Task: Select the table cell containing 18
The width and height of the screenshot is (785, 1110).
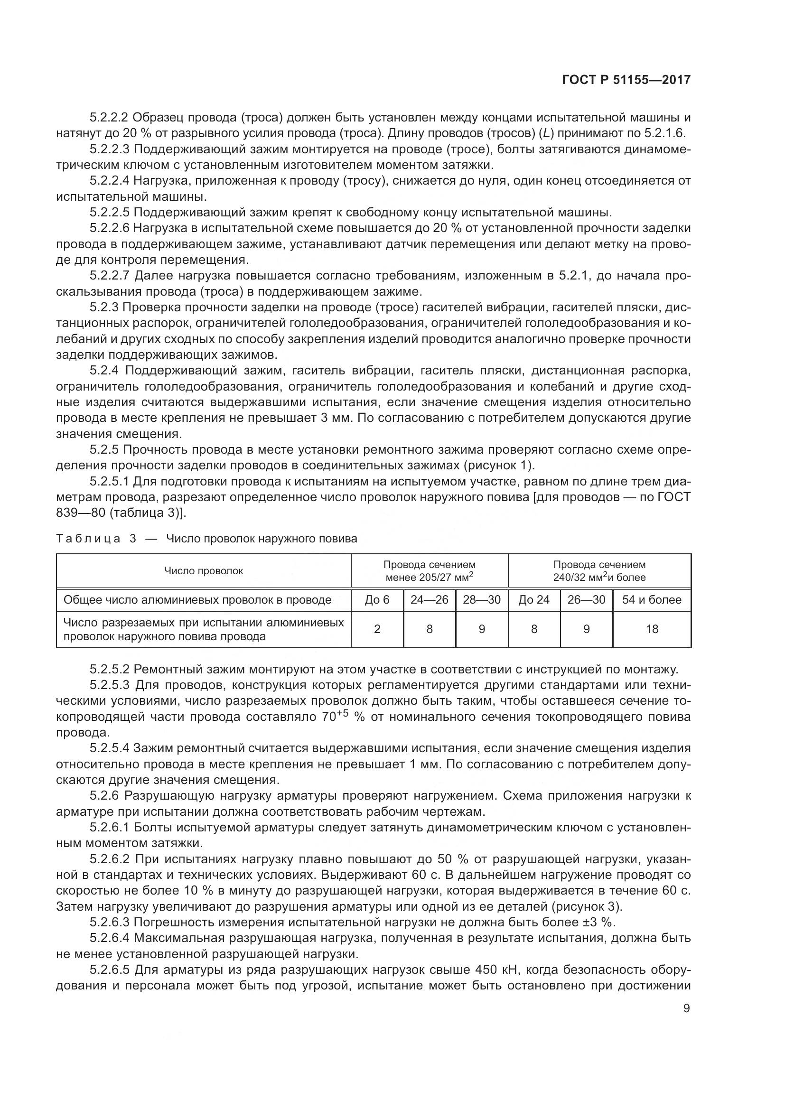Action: (652, 629)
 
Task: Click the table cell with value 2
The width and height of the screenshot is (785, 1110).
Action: (377, 629)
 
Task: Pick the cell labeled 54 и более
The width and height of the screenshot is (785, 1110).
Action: (652, 600)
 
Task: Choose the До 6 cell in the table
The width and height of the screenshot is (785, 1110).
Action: (377, 600)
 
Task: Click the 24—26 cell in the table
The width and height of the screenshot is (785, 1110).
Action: (429, 600)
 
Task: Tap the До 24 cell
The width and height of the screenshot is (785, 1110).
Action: (534, 600)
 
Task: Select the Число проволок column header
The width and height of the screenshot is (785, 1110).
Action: (204, 571)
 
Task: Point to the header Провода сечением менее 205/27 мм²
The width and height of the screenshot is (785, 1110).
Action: (429, 571)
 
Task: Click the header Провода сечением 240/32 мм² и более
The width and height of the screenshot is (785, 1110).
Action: (599, 571)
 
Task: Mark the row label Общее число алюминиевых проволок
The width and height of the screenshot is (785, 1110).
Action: (197, 600)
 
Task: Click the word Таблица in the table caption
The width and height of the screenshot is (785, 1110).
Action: (88, 539)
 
